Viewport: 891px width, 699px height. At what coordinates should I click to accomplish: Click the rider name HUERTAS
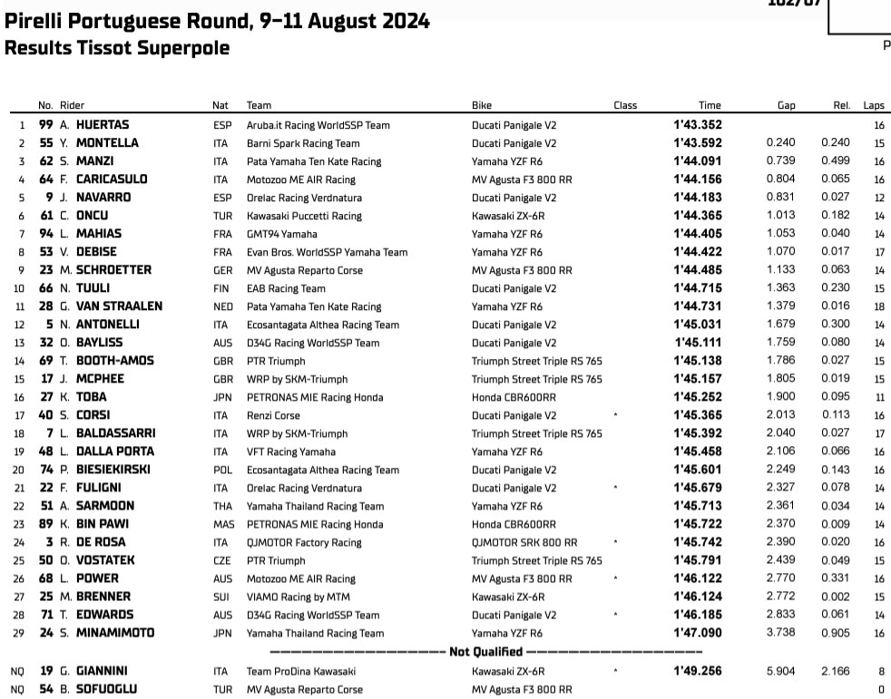pos(103,125)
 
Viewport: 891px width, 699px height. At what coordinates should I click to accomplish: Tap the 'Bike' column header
pos(482,105)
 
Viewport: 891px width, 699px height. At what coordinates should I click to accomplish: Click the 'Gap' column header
pos(786,105)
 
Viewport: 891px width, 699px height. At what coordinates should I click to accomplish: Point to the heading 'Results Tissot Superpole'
pos(117,48)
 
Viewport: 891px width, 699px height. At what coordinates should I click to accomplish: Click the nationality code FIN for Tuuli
pos(220,288)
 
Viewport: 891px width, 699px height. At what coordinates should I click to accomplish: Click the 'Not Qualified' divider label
pos(485,652)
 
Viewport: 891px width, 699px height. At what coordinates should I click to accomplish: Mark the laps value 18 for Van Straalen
pos(878,306)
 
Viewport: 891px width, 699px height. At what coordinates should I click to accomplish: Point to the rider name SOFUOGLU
pos(106,689)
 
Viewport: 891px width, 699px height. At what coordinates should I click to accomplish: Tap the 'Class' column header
pos(625,105)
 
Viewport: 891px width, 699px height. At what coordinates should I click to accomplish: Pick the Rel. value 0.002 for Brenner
pos(836,597)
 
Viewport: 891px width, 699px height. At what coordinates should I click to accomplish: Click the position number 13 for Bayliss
pos(20,343)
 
